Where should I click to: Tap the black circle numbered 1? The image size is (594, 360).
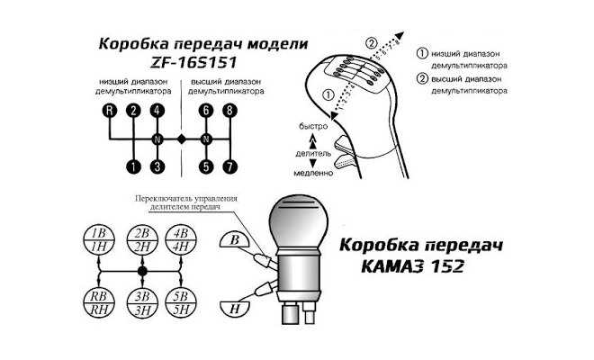click(133, 166)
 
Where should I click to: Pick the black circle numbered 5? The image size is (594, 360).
click(207, 166)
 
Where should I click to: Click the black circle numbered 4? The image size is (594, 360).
click(157, 111)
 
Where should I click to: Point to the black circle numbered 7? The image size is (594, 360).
click(231, 166)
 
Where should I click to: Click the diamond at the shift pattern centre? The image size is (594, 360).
click(182, 139)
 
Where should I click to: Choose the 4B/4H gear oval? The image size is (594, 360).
click(184, 239)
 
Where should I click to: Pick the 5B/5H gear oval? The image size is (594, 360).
click(184, 301)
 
